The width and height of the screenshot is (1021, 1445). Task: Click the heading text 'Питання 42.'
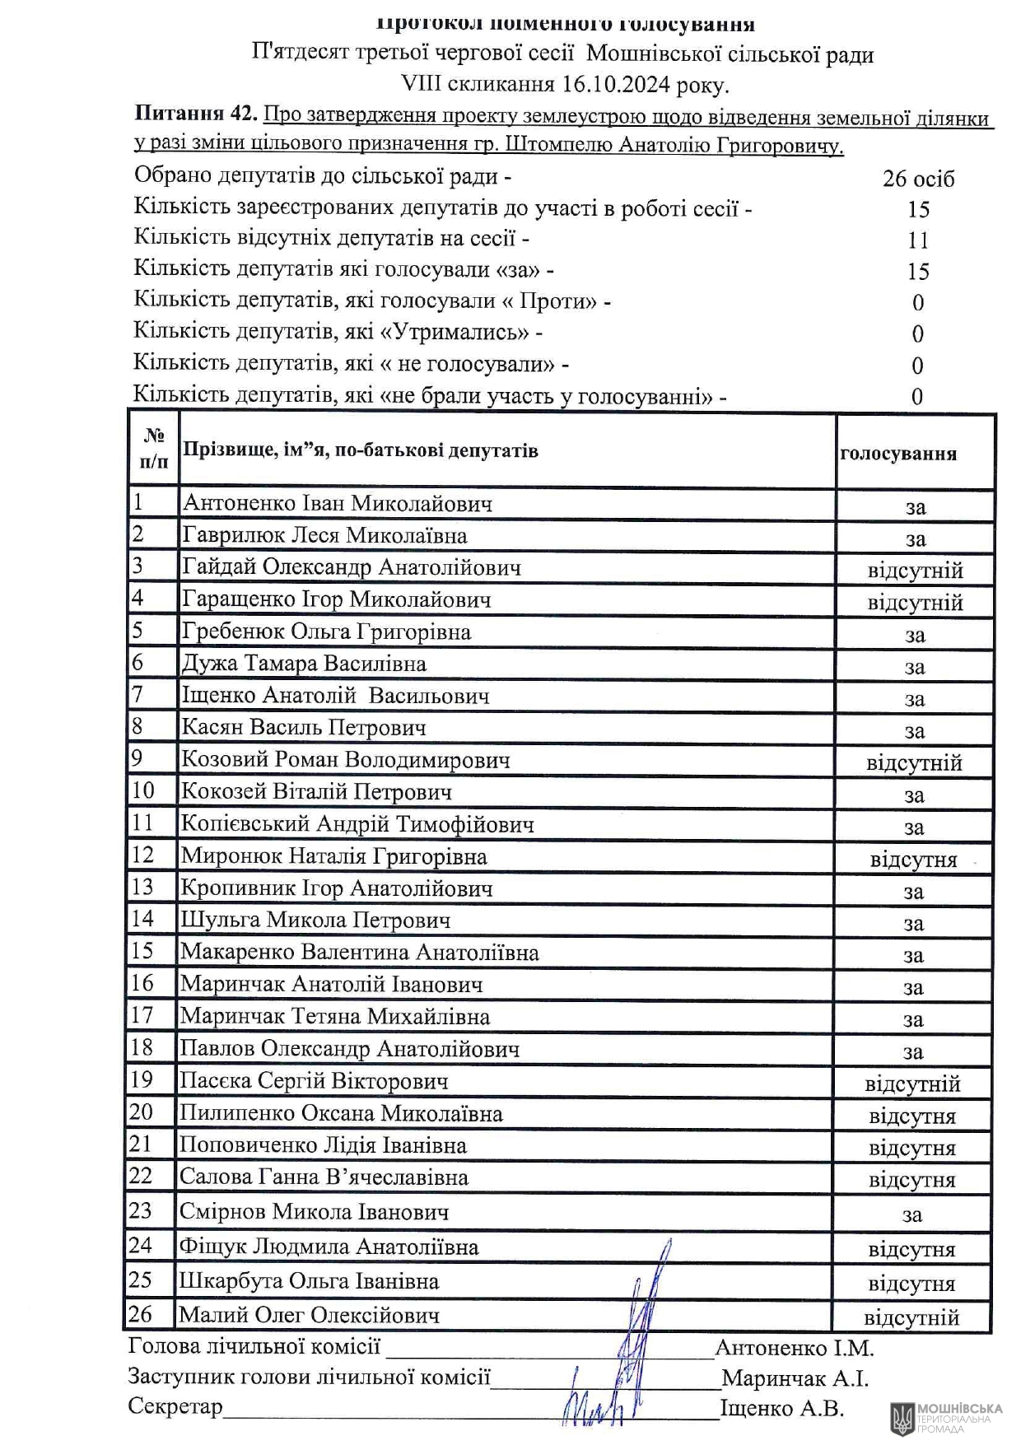(x=196, y=115)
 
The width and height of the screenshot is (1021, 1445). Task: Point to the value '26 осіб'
(x=918, y=179)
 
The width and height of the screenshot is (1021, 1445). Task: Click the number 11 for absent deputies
(x=918, y=240)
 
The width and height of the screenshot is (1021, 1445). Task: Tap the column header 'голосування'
(x=898, y=454)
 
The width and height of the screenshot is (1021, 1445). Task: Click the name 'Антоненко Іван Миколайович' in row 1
(x=338, y=503)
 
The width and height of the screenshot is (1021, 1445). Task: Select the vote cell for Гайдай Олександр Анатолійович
(x=915, y=571)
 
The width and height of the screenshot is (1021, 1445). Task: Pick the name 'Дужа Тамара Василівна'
(x=304, y=664)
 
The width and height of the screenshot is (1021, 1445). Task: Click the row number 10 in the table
(x=143, y=791)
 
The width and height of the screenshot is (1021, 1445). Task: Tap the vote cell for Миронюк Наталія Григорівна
(x=913, y=860)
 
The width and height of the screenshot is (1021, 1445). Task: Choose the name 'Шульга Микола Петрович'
(x=315, y=921)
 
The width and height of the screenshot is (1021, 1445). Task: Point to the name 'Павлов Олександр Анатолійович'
(x=350, y=1049)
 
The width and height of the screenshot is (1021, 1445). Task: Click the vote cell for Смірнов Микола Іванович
(x=911, y=1214)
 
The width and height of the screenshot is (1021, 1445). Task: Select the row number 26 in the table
(x=141, y=1315)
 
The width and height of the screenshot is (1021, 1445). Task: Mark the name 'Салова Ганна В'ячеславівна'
(x=324, y=1177)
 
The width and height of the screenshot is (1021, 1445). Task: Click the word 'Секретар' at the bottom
(x=175, y=1406)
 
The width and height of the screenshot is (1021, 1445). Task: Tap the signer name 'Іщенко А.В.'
(x=781, y=1409)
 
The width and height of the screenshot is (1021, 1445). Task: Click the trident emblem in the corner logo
(x=902, y=1417)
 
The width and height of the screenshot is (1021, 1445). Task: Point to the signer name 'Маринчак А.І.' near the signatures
(x=795, y=1378)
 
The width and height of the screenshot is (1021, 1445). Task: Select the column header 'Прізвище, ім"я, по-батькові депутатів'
(x=360, y=450)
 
